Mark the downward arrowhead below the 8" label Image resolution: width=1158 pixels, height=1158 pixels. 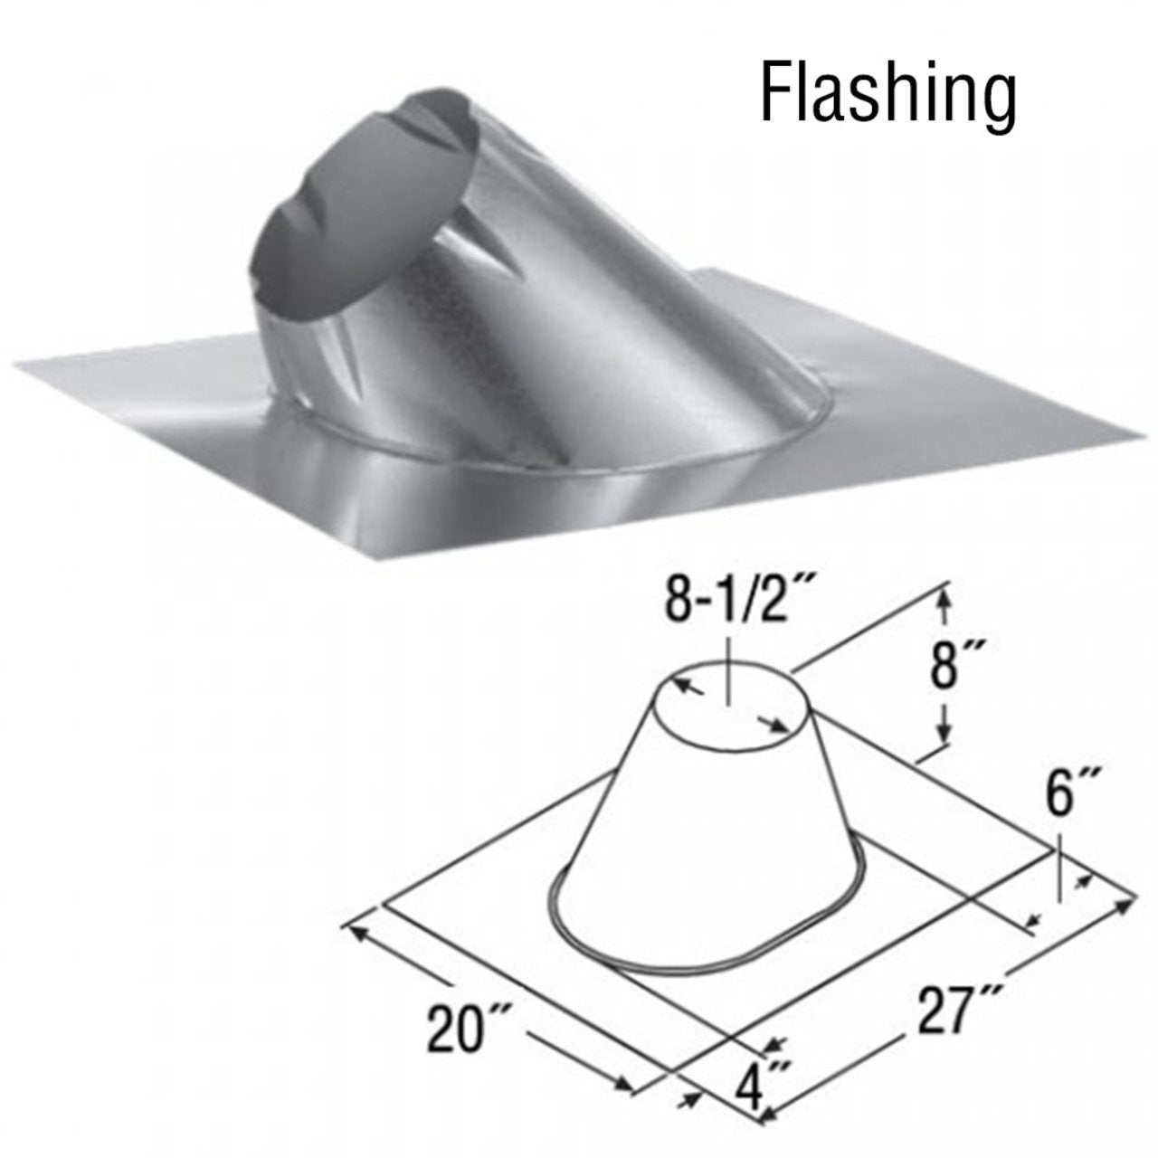[x=944, y=740]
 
